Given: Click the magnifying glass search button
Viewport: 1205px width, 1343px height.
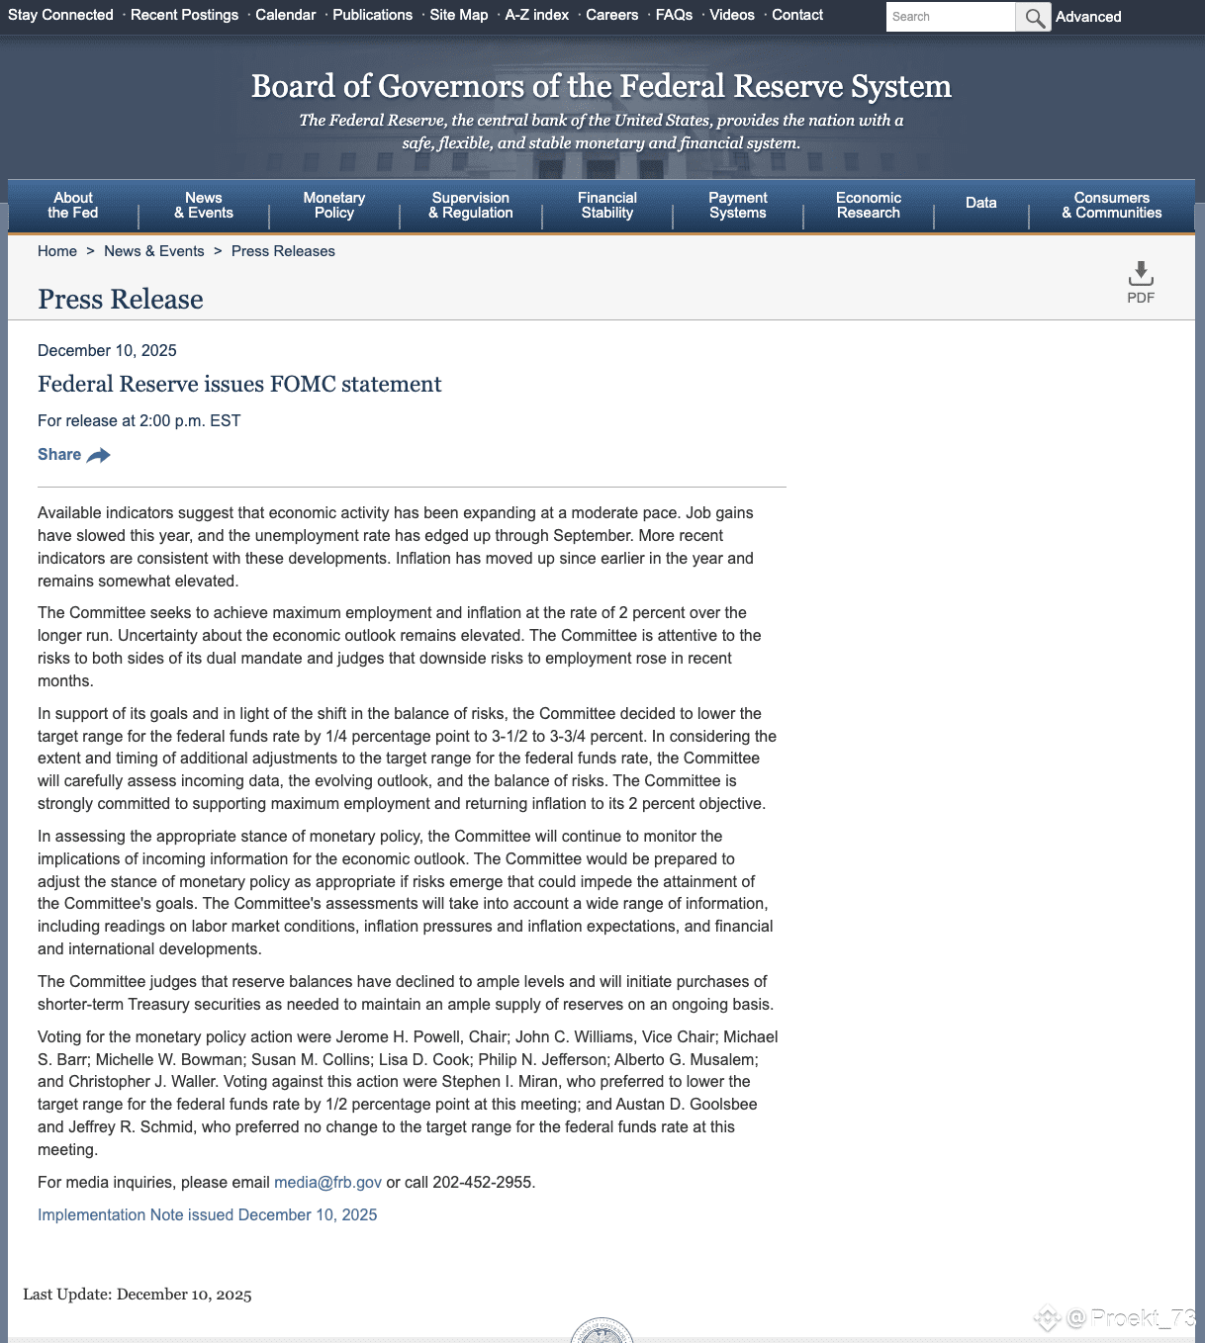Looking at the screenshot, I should tap(1034, 17).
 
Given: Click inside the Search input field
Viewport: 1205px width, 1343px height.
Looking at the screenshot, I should tap(950, 17).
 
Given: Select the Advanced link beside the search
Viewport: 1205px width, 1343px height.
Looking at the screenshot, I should tap(1088, 17).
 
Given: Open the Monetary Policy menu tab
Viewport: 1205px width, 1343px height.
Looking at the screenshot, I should tap(334, 206).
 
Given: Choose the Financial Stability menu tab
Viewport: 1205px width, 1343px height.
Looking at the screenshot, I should tap(606, 206).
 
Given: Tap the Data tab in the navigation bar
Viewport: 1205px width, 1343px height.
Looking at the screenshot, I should tap(980, 203).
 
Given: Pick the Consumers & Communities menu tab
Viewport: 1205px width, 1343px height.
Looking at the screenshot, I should tap(1111, 206).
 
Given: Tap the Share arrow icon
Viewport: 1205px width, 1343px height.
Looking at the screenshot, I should tap(99, 455).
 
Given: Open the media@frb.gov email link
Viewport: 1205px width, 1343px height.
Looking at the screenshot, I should tap(327, 1183).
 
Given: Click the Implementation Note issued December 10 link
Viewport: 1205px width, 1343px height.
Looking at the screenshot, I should tap(207, 1215).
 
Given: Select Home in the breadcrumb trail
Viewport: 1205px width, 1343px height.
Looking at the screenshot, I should tap(57, 251).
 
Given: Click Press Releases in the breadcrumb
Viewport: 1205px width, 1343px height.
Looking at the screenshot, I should tap(283, 251).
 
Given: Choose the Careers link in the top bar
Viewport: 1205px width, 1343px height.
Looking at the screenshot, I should tap(611, 15).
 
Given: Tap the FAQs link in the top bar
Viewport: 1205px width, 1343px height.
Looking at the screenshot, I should tap(674, 15).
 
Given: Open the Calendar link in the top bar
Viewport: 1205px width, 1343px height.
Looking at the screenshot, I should tap(285, 15).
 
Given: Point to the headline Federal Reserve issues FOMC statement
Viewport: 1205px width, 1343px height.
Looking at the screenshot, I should tap(239, 384).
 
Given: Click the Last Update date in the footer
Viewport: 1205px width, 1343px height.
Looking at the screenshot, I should tap(184, 1295).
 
